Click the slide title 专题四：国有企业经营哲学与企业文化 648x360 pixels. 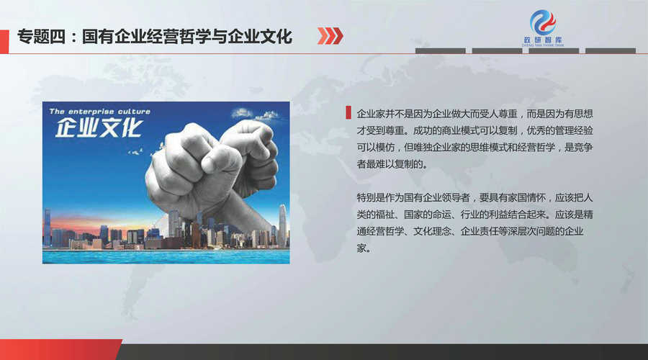[155, 37]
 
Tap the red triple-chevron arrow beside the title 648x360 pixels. [330, 36]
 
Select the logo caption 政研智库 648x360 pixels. [543, 40]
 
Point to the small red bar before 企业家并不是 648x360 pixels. [348, 113]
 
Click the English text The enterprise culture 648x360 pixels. [99, 112]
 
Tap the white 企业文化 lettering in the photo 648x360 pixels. [99, 128]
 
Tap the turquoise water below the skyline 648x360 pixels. [166, 256]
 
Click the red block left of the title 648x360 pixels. [4, 41]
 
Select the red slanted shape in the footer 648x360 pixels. [60, 350]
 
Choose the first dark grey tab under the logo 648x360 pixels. [440, 51]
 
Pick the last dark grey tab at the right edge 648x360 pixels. [611, 51]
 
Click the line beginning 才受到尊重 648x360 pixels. [475, 130]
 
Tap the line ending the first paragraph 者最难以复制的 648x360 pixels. [392, 164]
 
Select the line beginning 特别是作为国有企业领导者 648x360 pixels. [475, 197]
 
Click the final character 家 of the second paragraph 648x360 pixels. [361, 248]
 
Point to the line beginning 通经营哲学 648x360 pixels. [470, 231]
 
